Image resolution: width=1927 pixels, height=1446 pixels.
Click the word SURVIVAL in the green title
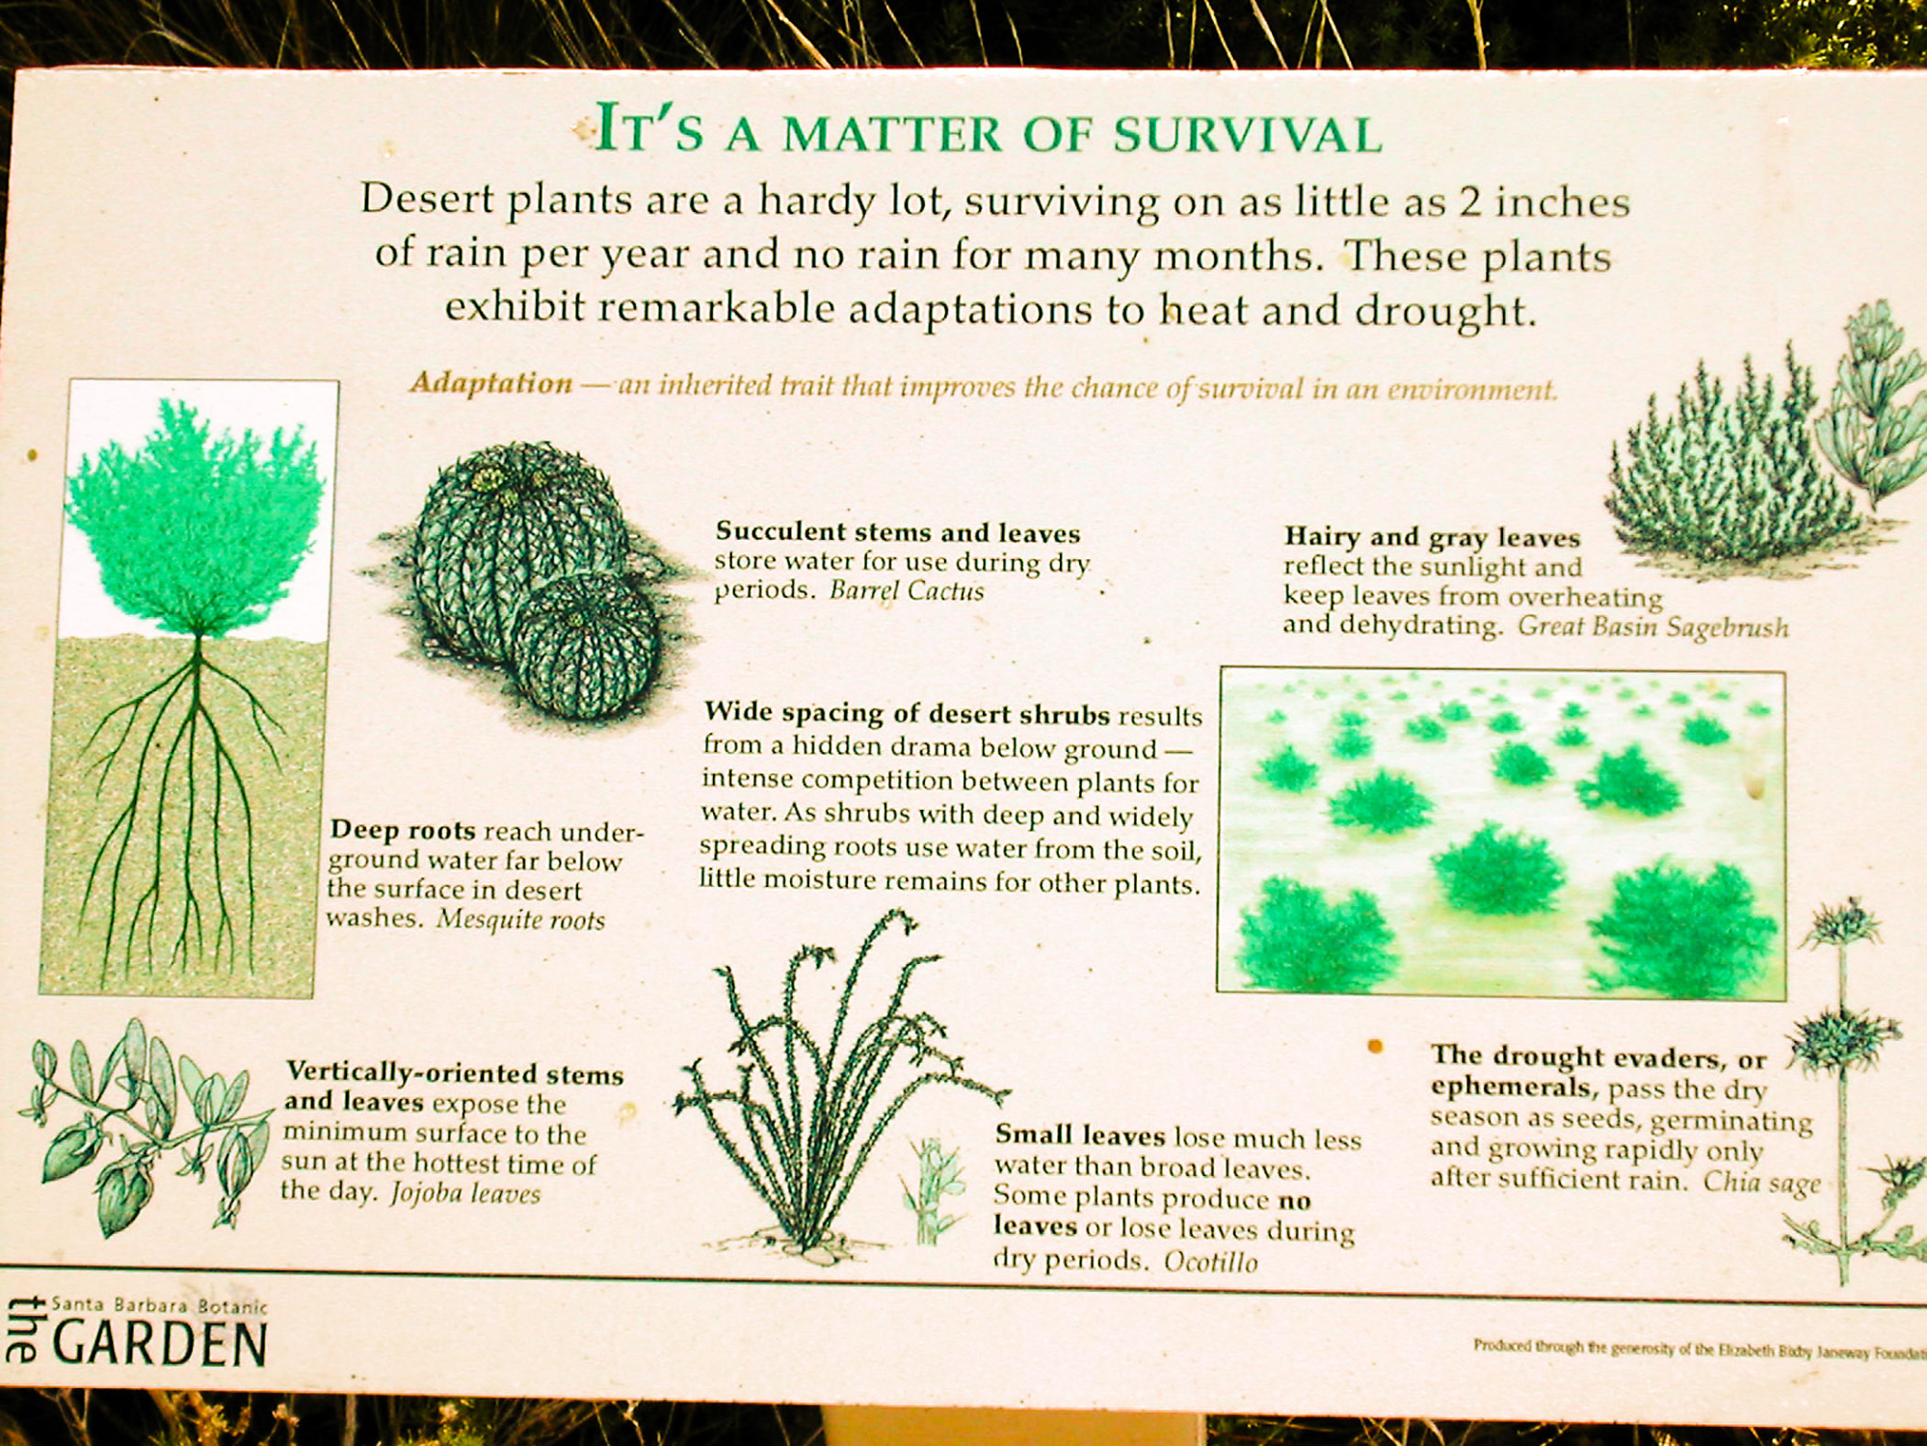click(x=1249, y=133)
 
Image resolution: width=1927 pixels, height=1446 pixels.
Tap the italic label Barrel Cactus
click(x=907, y=590)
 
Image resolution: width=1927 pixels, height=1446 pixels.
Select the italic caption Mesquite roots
click(x=521, y=919)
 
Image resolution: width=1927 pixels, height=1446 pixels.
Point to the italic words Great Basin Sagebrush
click(x=1653, y=627)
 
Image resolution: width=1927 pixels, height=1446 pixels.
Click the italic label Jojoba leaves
click(x=465, y=1193)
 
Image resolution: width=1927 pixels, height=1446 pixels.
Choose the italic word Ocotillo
click(x=1211, y=1262)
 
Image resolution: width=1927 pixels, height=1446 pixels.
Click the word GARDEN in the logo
click(x=159, y=1345)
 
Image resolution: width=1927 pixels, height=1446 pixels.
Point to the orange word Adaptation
click(x=491, y=383)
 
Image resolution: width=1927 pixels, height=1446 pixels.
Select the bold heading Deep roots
click(x=403, y=830)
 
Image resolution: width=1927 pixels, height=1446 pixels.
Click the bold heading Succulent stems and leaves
click(x=898, y=532)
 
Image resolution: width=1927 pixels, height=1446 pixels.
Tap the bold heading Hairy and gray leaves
click(x=1432, y=537)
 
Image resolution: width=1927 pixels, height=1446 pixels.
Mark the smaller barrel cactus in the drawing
click(x=585, y=645)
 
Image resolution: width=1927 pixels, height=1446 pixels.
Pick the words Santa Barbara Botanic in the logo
click(x=159, y=1305)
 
